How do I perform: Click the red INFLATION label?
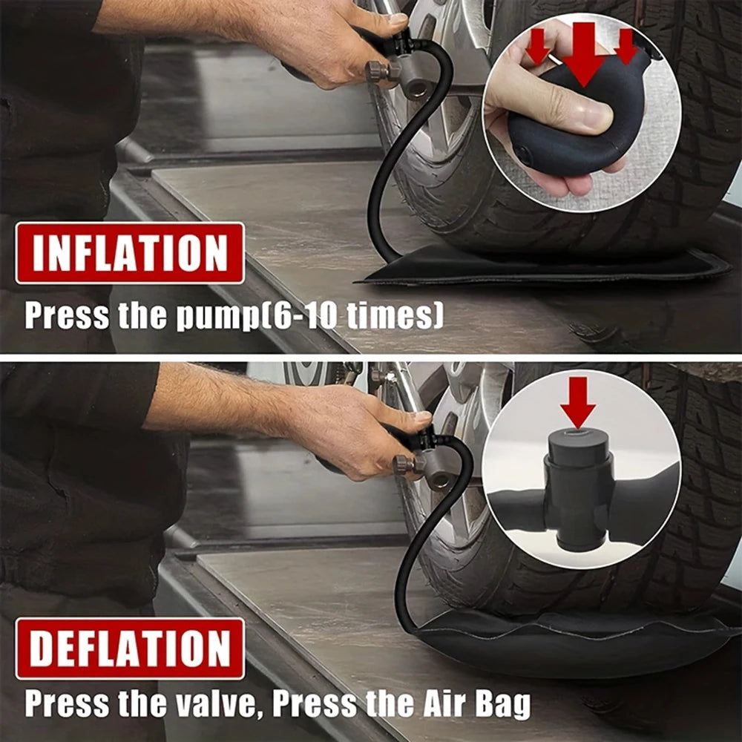130,253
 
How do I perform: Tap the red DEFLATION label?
130,649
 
